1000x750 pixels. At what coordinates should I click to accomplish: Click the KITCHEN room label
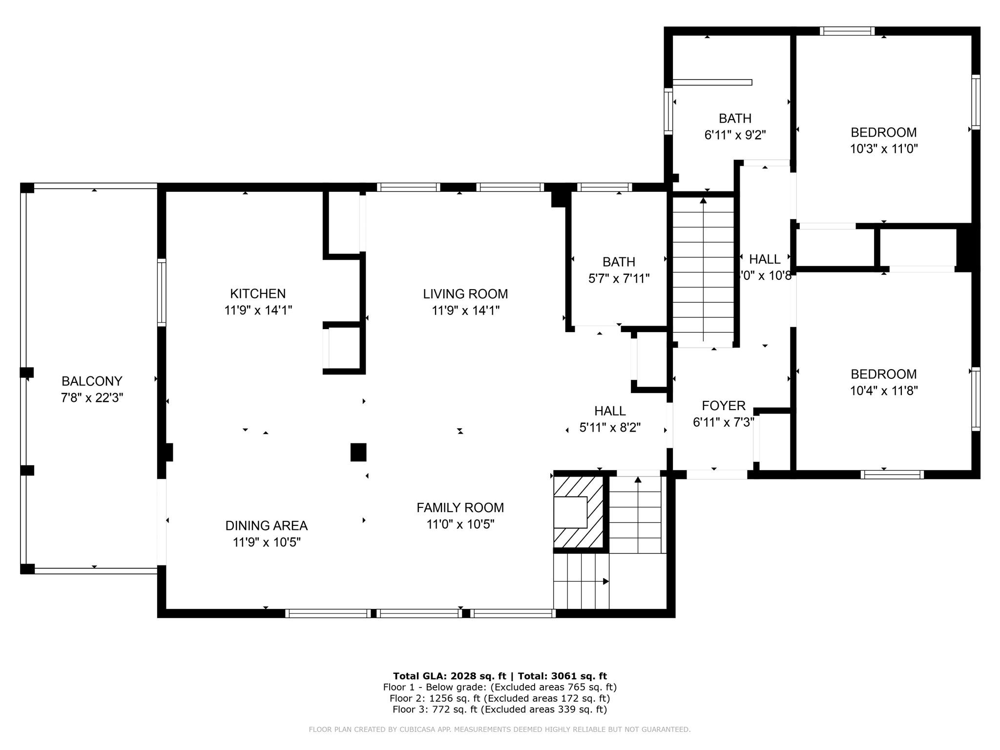pos(258,293)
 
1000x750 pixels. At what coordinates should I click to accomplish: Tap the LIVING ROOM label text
pos(465,294)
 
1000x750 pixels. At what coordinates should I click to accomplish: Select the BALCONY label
pos(92,381)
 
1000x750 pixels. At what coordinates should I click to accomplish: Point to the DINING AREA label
pos(266,526)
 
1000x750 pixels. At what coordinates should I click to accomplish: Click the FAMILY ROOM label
pos(460,508)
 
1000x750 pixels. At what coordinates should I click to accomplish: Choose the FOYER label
pos(723,406)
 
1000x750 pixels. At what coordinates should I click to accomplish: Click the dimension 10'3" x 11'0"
pos(883,149)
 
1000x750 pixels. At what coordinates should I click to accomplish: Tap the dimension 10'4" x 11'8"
pos(883,391)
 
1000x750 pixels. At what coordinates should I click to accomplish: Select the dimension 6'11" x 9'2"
pos(734,135)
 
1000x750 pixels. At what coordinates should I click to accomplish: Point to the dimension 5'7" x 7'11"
pos(619,279)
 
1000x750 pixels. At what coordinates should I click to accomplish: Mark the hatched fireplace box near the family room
pos(578,512)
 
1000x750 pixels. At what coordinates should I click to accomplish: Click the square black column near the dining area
pos(358,452)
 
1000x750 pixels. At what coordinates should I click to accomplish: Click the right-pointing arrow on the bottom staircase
pos(605,581)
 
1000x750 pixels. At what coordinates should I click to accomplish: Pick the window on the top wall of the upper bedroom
pos(847,31)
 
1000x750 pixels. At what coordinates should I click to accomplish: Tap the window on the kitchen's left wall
pos(162,292)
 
